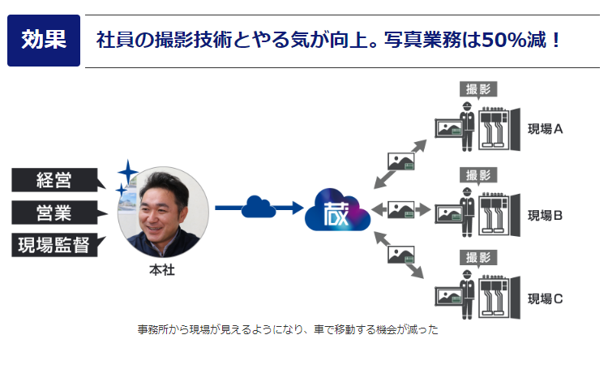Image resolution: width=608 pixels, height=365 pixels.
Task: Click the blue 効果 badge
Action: [x=44, y=40]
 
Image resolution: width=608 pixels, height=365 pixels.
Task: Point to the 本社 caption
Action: [x=162, y=270]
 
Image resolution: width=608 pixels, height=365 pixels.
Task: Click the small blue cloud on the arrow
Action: [x=258, y=206]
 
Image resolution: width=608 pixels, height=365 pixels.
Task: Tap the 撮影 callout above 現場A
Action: [x=478, y=89]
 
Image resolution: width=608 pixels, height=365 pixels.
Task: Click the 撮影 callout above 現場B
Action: [x=478, y=174]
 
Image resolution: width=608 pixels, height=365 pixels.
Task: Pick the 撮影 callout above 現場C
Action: [x=478, y=258]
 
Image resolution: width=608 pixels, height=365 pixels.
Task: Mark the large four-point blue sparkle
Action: [x=127, y=172]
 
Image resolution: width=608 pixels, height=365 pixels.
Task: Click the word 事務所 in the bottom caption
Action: [x=151, y=330]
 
